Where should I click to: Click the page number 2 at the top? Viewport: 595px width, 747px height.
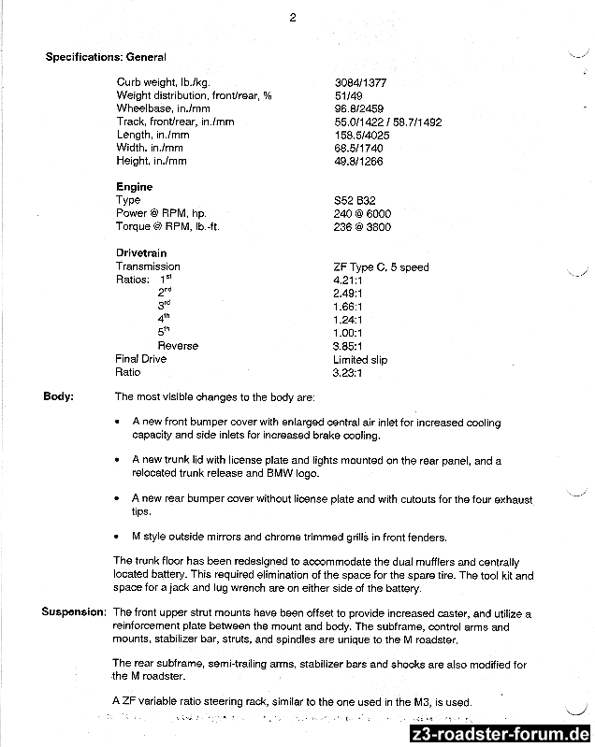click(x=293, y=16)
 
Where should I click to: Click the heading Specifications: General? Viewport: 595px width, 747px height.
click(x=106, y=57)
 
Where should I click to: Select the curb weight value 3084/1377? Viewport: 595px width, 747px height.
click(x=360, y=82)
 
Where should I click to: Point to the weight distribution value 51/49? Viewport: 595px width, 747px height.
click(x=348, y=95)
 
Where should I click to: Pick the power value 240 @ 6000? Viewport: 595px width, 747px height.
click(x=362, y=213)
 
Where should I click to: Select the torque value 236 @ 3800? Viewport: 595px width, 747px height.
click(x=362, y=227)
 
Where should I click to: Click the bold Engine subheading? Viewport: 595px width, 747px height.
click(x=134, y=187)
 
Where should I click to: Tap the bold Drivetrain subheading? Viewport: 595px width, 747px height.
click(x=143, y=253)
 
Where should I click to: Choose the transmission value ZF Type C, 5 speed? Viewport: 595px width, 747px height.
click(x=381, y=267)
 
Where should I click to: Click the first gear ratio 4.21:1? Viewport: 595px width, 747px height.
click(x=348, y=280)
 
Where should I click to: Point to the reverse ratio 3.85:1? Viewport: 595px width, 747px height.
click(x=348, y=346)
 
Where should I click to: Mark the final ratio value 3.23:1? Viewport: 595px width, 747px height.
click(x=348, y=372)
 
